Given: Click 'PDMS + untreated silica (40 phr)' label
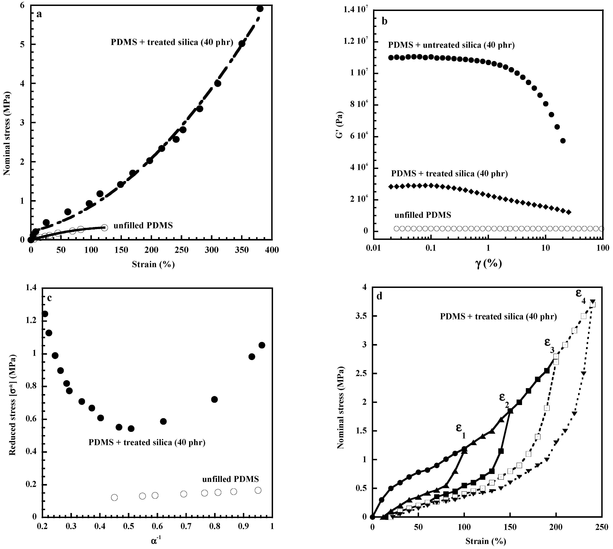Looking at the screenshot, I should (451, 45).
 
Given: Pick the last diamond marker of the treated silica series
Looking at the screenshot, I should (569, 212).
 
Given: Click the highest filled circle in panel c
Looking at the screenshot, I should (45, 314).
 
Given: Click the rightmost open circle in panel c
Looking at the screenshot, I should (258, 490).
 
